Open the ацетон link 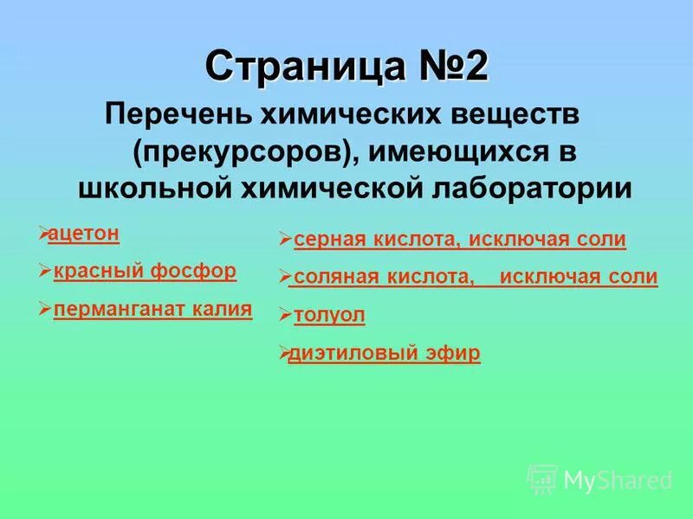[84, 234]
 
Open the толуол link [329, 316]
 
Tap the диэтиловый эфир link [385, 353]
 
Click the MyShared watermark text [618, 480]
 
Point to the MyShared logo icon [543, 478]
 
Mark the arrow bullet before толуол [285, 316]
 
